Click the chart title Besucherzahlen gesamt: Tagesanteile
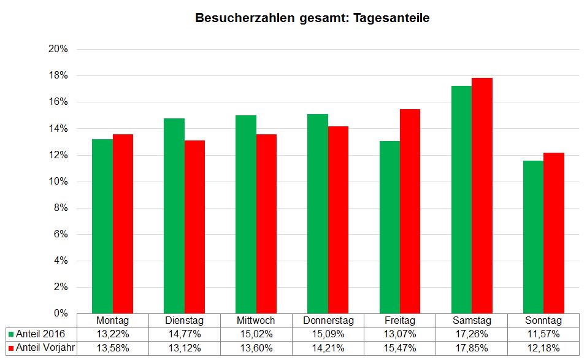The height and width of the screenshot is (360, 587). coord(312,18)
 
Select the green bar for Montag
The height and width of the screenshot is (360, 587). coord(102,227)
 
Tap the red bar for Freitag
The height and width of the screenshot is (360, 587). coord(410,212)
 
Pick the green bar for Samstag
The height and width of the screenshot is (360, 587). coord(461,199)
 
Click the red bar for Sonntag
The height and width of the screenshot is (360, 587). coord(553,233)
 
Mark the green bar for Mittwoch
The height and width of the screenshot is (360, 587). coord(246,215)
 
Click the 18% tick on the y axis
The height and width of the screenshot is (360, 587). coord(58,76)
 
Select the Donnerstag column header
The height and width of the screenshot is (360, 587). coord(328,321)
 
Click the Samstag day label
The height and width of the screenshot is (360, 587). coord(472,321)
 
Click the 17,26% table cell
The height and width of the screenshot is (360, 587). coord(472,334)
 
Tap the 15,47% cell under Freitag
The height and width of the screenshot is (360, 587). coord(400,347)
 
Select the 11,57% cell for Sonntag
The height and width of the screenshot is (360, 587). coord(543,334)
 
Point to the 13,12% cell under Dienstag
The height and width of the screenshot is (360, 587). coord(184,347)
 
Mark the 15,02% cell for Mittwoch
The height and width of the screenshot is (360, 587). coord(256,334)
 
